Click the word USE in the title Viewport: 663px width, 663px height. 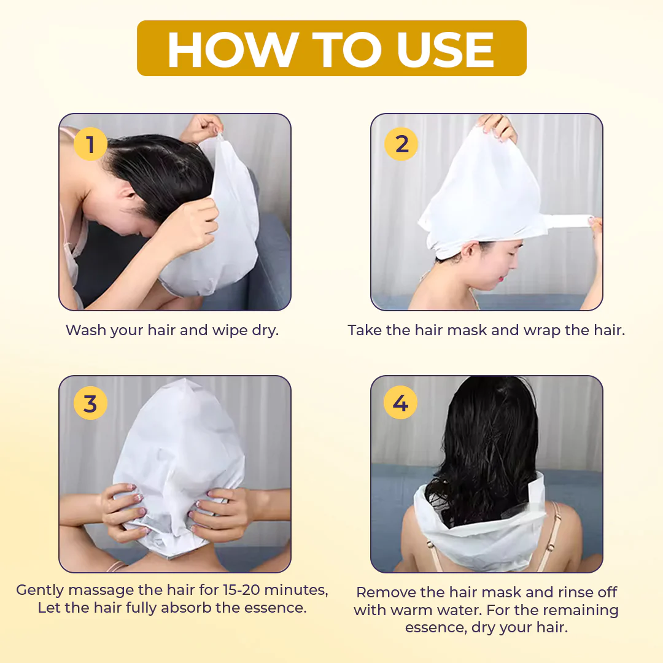point(445,49)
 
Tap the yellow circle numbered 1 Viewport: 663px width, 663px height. point(90,145)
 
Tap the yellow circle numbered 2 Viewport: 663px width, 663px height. point(401,145)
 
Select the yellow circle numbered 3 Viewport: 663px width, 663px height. point(90,404)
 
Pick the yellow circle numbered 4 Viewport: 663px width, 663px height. point(400,404)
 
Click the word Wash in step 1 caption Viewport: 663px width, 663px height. point(86,330)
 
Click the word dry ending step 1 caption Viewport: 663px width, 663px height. point(265,330)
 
